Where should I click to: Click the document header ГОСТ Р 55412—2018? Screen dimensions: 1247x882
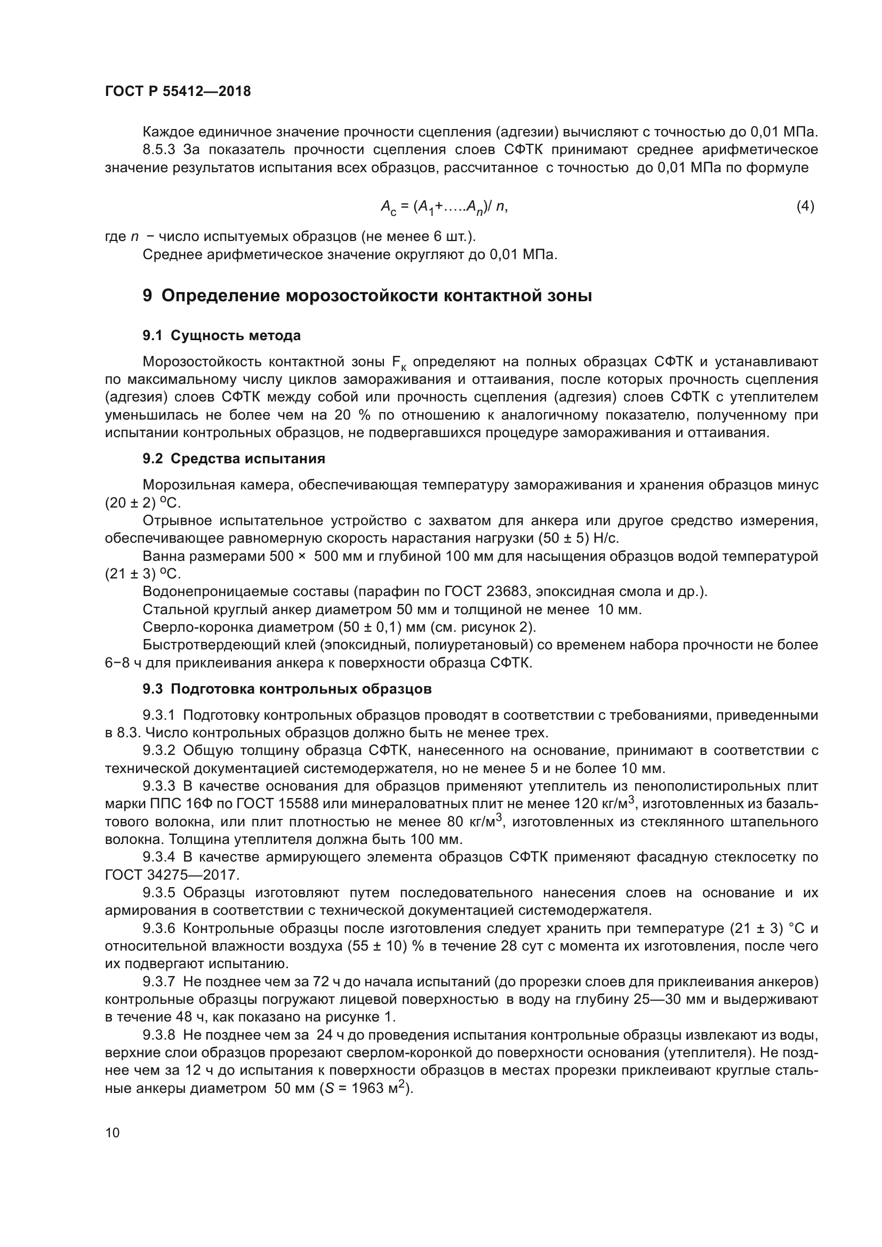(178, 91)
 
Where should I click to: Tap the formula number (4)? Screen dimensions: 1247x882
(805, 206)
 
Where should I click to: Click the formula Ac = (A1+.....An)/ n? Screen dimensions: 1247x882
(444, 207)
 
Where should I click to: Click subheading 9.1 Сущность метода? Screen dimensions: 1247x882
(222, 336)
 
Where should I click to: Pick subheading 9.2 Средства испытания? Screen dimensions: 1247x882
(234, 459)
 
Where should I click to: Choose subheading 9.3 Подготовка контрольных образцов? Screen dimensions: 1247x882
(287, 689)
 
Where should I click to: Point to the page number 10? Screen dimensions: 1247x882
(113, 1132)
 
